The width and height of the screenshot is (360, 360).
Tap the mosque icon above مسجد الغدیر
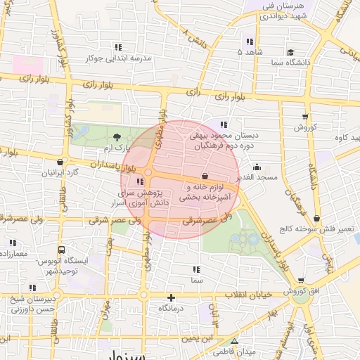tap(257, 167)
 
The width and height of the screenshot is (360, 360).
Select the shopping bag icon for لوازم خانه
tap(205, 176)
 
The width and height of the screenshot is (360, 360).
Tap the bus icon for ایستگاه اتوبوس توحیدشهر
tap(62, 250)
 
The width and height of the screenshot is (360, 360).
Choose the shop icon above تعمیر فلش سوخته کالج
tap(318, 219)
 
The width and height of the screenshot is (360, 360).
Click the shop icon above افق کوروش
tap(301, 281)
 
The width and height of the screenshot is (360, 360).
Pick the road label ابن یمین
tap(198, 339)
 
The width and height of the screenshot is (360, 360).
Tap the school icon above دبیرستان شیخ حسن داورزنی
tap(32, 287)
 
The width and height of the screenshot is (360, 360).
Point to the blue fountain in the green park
tap(243, 240)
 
